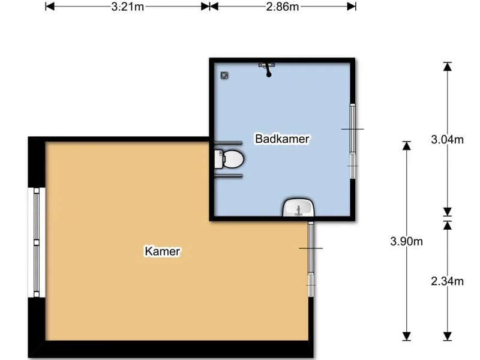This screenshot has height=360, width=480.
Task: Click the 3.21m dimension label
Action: [x=127, y=7]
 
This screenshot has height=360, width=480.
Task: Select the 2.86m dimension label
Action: [x=282, y=7]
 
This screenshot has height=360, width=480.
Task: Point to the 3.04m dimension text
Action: [x=447, y=140]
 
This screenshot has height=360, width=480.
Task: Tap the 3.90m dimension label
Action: [x=407, y=242]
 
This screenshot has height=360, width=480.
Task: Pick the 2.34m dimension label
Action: [x=447, y=281]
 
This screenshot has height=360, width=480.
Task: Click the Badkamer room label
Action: [x=282, y=139]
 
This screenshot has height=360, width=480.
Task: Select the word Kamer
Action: [x=162, y=251]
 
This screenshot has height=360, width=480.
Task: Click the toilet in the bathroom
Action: [x=229, y=159]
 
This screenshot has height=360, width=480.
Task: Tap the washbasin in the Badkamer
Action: [x=298, y=207]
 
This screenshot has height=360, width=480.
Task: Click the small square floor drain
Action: [x=224, y=76]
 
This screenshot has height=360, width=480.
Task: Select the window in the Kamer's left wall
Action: [x=37, y=242]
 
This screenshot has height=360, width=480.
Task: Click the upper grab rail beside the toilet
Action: [x=229, y=143]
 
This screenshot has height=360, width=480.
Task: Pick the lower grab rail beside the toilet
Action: [x=229, y=176]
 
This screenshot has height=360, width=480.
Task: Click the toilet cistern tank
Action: [x=218, y=159]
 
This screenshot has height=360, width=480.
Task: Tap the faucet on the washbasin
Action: [x=298, y=211]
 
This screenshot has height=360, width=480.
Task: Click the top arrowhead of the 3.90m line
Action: [x=407, y=145]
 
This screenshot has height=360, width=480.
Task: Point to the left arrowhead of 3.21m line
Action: [x=50, y=7]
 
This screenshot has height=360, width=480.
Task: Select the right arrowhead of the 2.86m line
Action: [x=352, y=7]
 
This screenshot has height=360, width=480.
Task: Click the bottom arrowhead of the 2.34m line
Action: [x=448, y=336]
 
